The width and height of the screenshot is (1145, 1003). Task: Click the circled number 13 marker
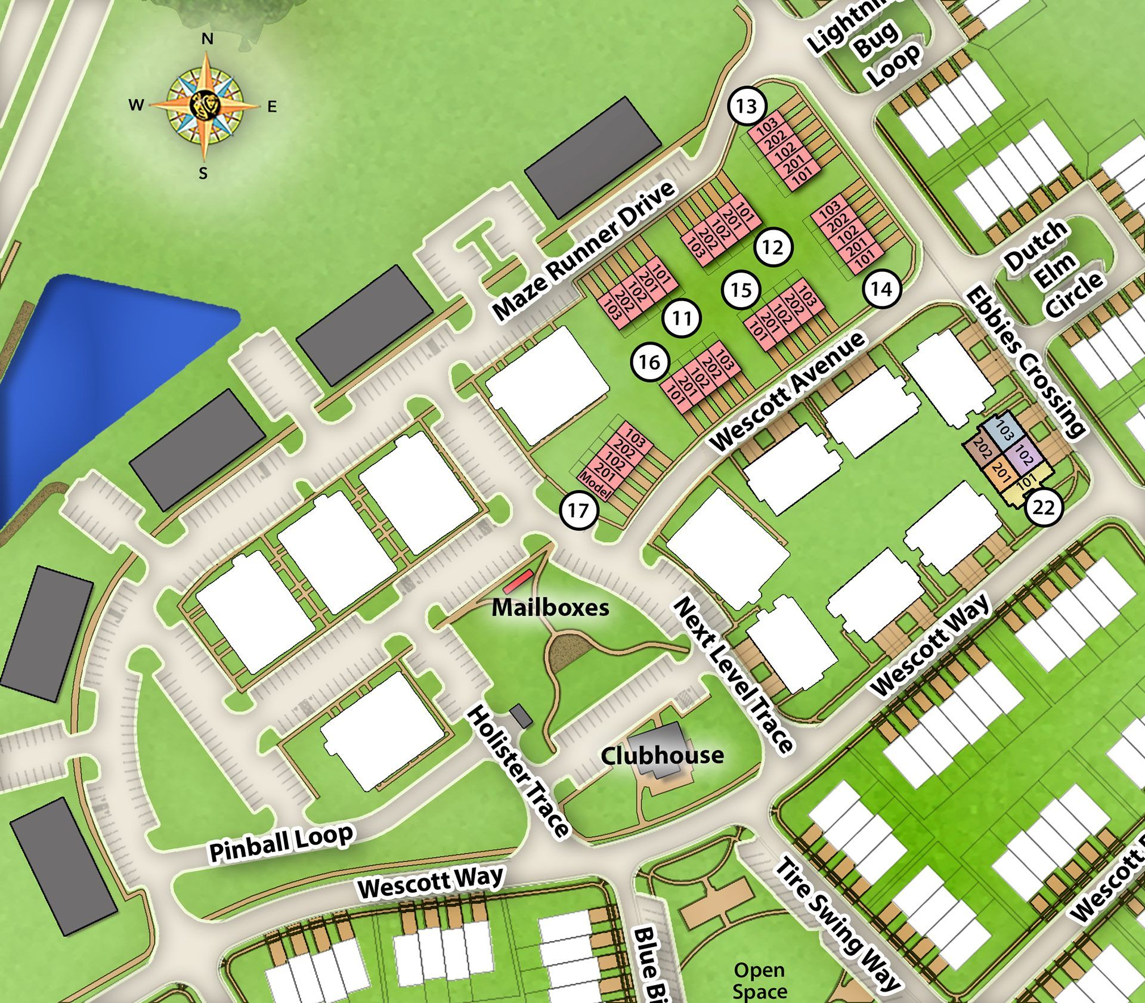(x=746, y=107)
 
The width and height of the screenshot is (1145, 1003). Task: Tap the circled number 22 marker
(x=1044, y=507)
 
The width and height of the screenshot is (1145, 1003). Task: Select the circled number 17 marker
(x=578, y=510)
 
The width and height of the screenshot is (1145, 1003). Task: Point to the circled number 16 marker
(x=650, y=362)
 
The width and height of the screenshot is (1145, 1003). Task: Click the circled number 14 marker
(x=881, y=289)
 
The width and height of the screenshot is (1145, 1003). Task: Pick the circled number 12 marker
(x=773, y=247)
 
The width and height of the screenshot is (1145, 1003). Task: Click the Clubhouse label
(x=662, y=756)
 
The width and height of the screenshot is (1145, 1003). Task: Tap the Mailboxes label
(x=550, y=608)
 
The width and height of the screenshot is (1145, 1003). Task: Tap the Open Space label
(x=759, y=980)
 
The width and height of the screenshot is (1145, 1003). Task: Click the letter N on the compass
(x=207, y=39)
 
